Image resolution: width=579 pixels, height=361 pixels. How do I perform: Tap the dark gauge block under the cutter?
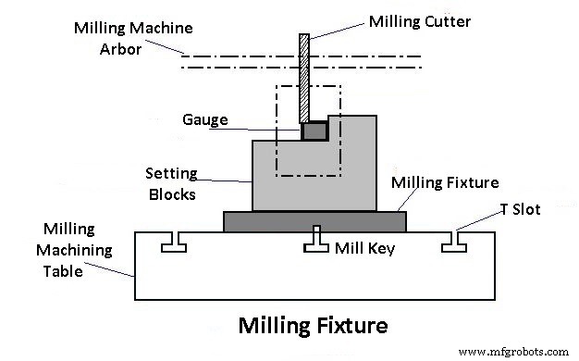[315, 131]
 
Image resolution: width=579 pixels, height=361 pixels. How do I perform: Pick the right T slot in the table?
[451, 243]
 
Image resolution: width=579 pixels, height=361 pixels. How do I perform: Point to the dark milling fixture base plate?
[314, 220]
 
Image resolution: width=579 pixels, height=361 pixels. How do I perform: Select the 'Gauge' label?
[204, 120]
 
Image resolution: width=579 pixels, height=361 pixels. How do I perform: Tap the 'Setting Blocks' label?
[171, 183]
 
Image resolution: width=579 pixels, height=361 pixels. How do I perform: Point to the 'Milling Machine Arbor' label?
[121, 36]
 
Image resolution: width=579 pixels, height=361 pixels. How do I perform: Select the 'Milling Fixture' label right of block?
[444, 183]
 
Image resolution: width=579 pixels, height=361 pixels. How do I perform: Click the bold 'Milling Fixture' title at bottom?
[313, 326]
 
